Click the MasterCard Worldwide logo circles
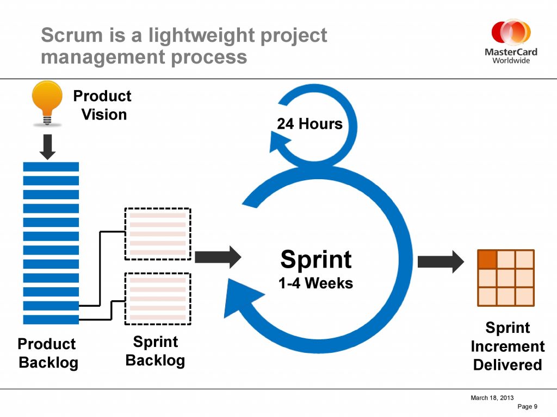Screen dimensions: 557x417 point(511,33)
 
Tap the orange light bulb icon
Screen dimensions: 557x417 point(47,103)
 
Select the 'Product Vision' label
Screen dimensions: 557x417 point(102,105)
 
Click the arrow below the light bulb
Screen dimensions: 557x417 point(48,147)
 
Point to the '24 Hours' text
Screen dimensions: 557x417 point(310,124)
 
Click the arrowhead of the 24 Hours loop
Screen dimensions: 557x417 point(279,142)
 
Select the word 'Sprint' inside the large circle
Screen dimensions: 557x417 point(316,259)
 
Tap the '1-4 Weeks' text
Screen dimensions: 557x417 point(315,283)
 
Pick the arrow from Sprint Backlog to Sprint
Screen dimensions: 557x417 point(218,257)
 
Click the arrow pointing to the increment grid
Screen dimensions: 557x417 point(441,262)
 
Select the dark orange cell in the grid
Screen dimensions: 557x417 point(487,259)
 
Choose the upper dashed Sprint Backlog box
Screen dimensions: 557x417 point(158,234)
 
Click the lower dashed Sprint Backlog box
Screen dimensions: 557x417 point(158,299)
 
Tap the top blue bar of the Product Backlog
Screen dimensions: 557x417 point(51,167)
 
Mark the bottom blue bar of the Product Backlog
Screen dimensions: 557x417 point(51,319)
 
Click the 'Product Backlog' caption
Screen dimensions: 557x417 point(48,353)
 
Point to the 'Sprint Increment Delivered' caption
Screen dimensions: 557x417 point(508,346)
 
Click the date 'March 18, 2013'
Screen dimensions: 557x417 point(492,398)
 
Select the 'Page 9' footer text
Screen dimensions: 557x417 point(527,406)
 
